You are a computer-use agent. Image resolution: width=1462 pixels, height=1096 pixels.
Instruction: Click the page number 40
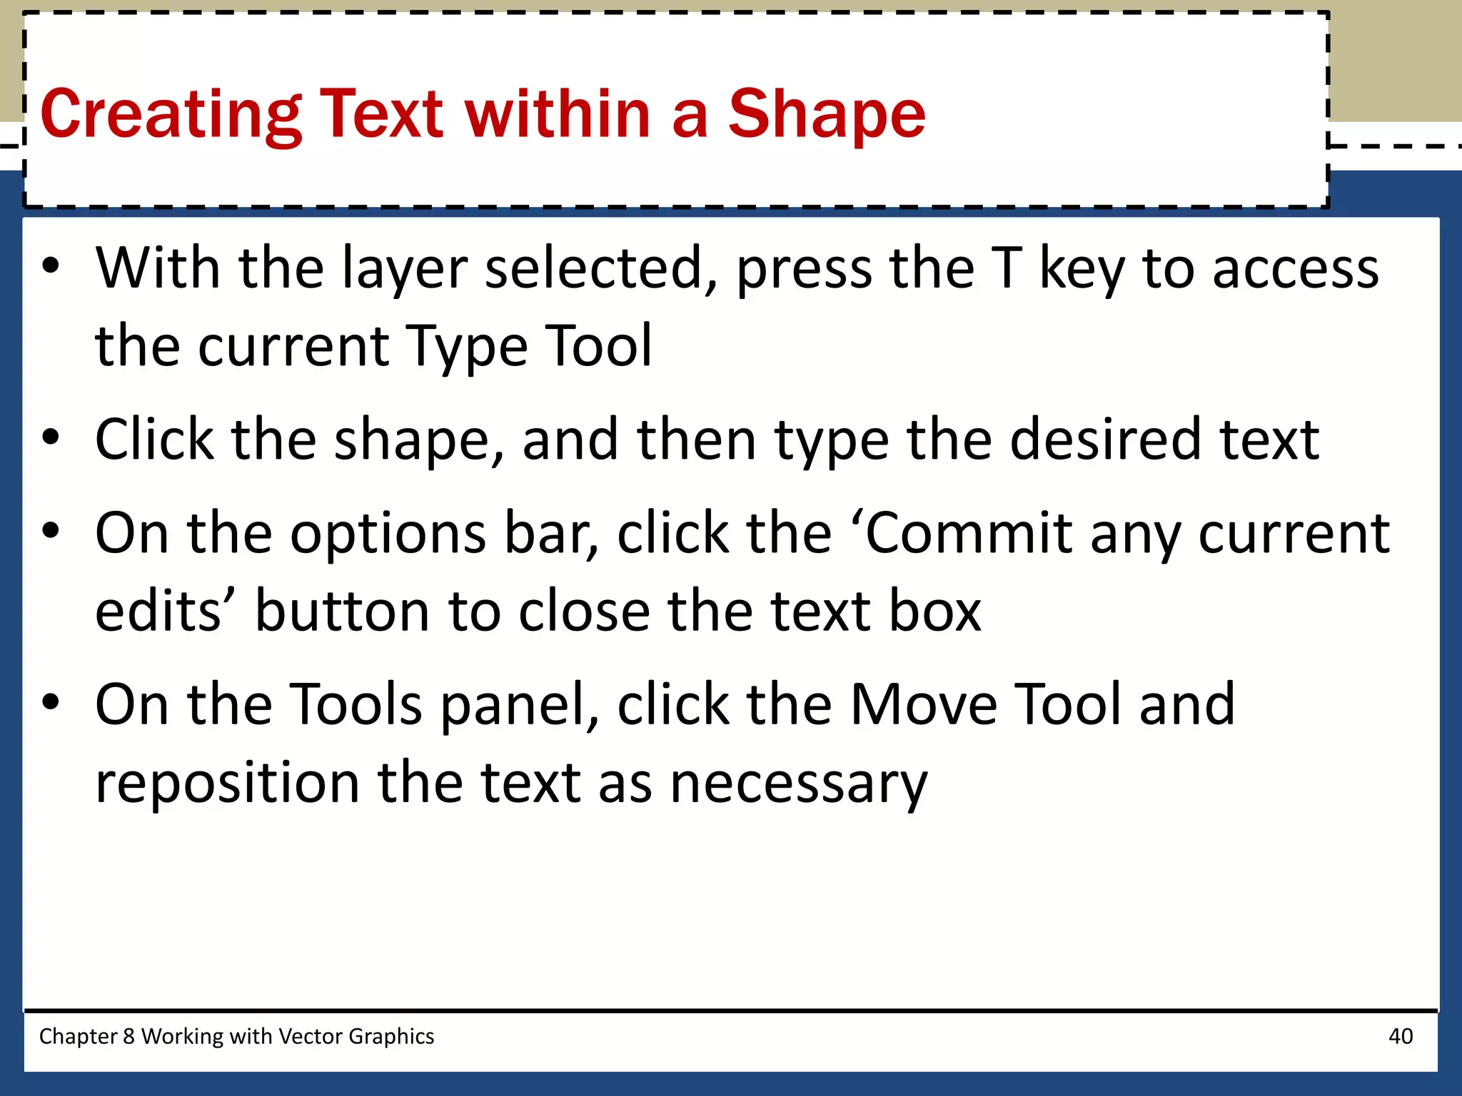pos(1401,1036)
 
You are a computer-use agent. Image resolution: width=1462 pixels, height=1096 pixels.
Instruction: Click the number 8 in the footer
pos(128,1036)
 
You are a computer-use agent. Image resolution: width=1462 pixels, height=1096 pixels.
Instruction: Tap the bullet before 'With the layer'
pos(51,267)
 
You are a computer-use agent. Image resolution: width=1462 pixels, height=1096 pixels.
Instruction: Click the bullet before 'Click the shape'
pos(51,437)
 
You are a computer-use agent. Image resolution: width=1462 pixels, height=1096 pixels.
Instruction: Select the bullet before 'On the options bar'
pos(51,531)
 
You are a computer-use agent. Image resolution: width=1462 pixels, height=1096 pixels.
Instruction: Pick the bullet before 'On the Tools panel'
pos(51,702)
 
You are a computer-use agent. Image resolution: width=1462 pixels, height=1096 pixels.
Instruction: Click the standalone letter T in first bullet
pos(1007,268)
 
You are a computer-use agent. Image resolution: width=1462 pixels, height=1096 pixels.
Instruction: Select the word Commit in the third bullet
pos(969,533)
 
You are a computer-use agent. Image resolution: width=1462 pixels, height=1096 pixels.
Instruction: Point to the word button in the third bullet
pos(343,612)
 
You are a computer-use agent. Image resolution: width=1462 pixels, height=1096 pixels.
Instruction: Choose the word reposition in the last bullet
pos(227,783)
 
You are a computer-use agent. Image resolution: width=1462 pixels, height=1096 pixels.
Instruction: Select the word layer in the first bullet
pos(405,270)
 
